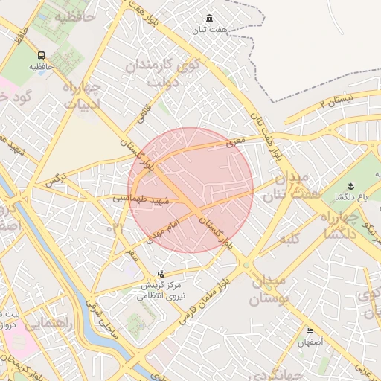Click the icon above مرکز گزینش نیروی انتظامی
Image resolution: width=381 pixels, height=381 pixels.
(161, 274)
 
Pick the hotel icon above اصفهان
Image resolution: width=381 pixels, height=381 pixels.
(310, 330)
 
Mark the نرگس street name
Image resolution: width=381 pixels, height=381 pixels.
(54, 179)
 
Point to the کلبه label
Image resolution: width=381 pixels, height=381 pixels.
(287, 240)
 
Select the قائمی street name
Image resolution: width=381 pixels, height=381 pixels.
(142, 113)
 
